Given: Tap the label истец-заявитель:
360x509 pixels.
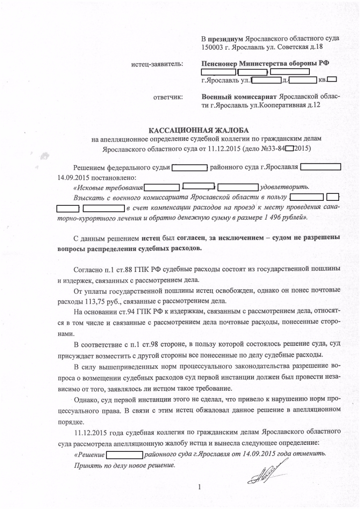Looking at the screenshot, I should (157, 64).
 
